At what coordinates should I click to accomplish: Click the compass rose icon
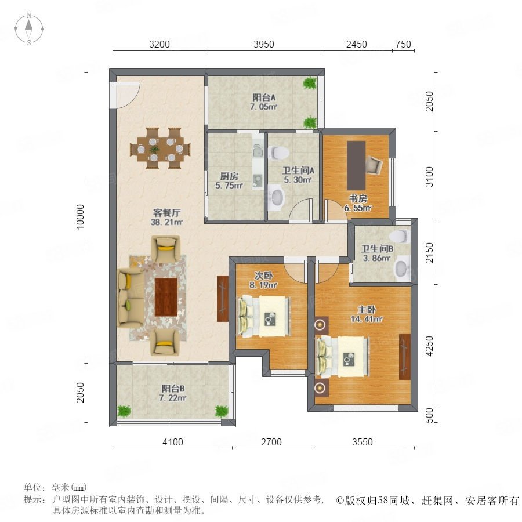29,29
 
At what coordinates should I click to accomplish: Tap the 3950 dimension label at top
264,44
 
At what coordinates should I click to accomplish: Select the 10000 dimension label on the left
81,217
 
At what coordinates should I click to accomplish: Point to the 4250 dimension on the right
430,346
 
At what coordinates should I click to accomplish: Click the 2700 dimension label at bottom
271,442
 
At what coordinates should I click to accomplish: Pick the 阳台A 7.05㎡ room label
264,102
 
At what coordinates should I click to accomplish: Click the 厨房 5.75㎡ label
229,181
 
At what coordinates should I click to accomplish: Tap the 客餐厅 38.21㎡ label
166,217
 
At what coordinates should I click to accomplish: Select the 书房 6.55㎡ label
358,203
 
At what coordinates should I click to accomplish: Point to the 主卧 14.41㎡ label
367,314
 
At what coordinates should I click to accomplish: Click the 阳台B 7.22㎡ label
173,393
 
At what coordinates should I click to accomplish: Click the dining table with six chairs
160,148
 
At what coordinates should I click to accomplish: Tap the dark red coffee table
166,297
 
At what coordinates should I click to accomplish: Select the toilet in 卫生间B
399,237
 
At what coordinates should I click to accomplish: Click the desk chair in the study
374,165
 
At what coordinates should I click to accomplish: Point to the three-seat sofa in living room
131,298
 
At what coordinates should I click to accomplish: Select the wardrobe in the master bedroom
405,357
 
